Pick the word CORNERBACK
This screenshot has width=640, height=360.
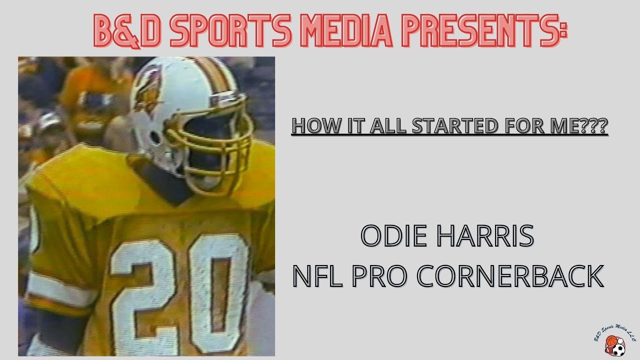tap(509, 276)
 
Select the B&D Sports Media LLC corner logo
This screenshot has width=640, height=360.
tap(614, 340)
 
